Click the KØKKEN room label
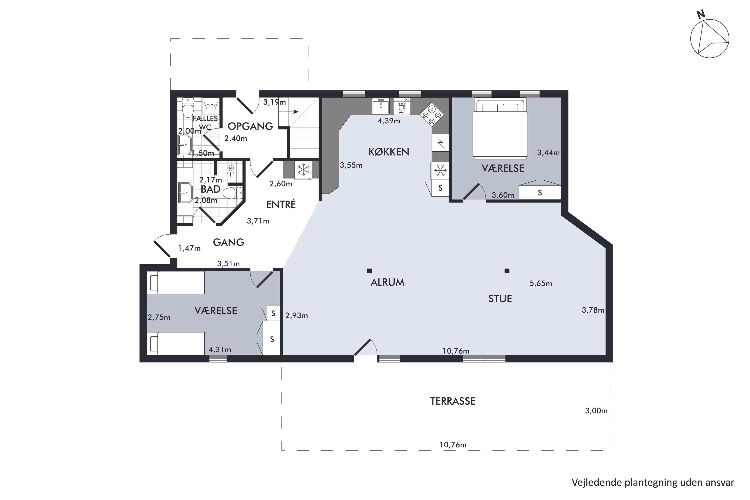click(389, 152)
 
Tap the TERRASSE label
click(453, 401)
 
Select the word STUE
click(500, 299)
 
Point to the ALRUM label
click(387, 282)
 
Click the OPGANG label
click(250, 126)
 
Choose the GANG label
click(229, 242)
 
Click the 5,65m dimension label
click(541, 283)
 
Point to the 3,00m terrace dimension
click(596, 411)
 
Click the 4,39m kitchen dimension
click(389, 121)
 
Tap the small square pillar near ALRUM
click(369, 271)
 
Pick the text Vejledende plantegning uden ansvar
click(653, 482)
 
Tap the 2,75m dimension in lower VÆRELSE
click(159, 317)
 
